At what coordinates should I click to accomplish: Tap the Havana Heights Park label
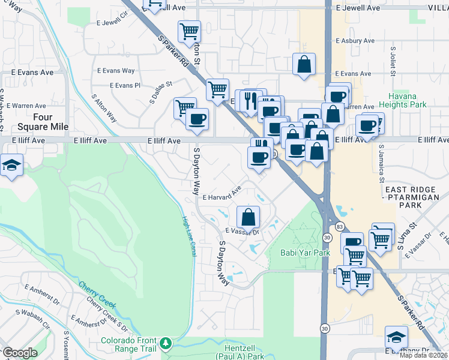(x=407, y=100)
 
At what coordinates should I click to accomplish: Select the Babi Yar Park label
(x=306, y=253)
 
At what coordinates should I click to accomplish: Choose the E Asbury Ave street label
(x=355, y=41)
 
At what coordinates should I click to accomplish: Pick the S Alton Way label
(x=104, y=107)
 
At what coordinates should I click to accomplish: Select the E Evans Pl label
(x=124, y=85)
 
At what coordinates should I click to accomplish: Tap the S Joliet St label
(x=393, y=62)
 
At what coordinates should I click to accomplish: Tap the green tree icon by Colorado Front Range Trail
(x=165, y=344)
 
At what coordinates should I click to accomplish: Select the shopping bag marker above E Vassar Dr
(x=248, y=217)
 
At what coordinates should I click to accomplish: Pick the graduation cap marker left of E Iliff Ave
(x=11, y=166)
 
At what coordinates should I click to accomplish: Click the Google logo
(x=20, y=353)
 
